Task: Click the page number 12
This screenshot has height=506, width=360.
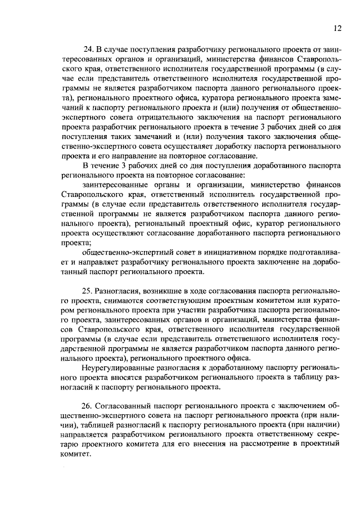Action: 337,28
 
